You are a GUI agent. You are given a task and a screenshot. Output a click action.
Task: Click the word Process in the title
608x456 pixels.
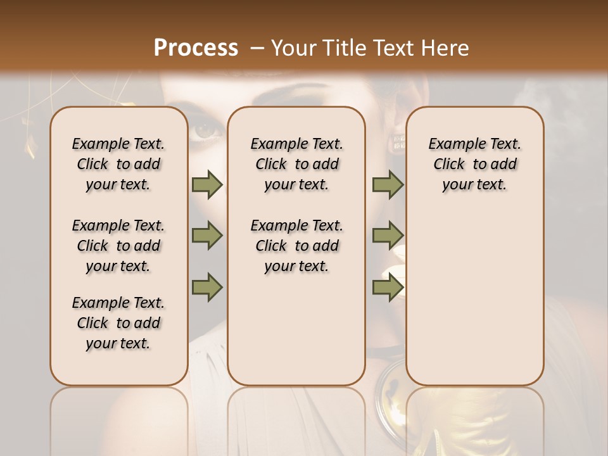pyautogui.click(x=196, y=47)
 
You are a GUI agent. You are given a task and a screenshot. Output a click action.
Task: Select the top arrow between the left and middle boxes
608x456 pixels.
pyautogui.click(x=207, y=184)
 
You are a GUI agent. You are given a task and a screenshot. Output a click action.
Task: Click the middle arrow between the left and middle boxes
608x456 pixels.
pyautogui.click(x=207, y=236)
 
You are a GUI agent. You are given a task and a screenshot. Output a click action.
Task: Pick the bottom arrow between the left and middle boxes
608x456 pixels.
pyautogui.click(x=207, y=287)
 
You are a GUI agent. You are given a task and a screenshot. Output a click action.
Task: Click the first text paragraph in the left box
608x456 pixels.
pyautogui.click(x=118, y=164)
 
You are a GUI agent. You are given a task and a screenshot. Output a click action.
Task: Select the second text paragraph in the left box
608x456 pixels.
pyautogui.click(x=118, y=246)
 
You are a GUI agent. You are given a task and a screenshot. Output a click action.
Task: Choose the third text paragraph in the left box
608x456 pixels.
pyautogui.click(x=118, y=323)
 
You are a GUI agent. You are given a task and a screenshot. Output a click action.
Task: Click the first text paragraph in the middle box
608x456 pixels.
pyautogui.click(x=296, y=164)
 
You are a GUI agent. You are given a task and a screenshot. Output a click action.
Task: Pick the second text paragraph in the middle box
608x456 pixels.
pyautogui.click(x=296, y=246)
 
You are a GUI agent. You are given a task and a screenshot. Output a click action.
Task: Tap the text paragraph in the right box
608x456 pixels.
pyautogui.click(x=474, y=164)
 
